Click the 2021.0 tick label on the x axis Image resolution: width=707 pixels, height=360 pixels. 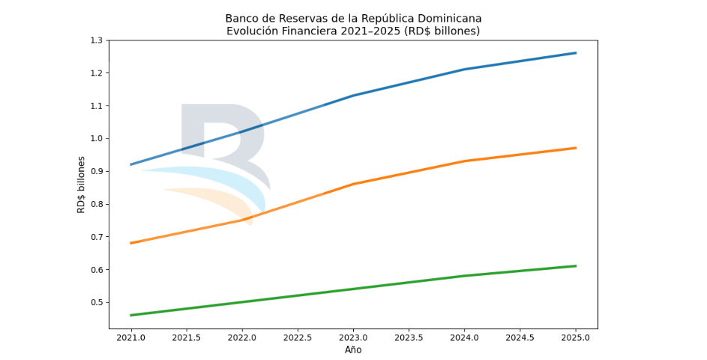[131, 339]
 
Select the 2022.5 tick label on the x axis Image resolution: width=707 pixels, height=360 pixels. [298, 339]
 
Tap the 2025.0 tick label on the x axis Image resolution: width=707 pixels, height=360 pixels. [576, 339]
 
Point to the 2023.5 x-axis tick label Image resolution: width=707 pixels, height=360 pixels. [409, 339]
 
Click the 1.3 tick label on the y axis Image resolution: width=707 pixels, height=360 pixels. [94, 40]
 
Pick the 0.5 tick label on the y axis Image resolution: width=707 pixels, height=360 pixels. [94, 303]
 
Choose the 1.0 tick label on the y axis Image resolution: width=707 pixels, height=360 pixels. [94, 139]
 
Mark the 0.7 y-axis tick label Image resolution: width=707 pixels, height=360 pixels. [94, 237]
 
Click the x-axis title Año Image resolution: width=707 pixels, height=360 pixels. [353, 350]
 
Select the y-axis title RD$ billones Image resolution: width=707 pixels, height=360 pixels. [82, 184]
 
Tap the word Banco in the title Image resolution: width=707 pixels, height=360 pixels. [241, 18]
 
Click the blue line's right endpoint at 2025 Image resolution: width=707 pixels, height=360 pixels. [576, 52]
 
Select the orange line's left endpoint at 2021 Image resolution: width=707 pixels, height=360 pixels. [131, 243]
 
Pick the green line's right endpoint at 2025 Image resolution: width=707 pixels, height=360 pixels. [576, 266]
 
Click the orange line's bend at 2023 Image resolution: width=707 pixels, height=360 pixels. [354, 184]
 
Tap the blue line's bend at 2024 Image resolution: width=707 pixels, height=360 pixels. [465, 69]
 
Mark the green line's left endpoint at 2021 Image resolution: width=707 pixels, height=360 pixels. [131, 315]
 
